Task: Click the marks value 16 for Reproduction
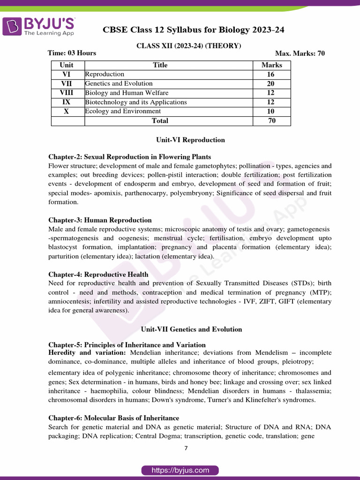(x=271, y=75)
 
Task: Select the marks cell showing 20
(x=271, y=84)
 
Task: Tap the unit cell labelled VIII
(x=67, y=93)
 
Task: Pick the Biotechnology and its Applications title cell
(x=136, y=102)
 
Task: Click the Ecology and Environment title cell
(x=123, y=112)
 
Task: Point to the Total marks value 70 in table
(x=271, y=121)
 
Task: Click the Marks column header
(x=271, y=65)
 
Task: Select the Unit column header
(x=67, y=65)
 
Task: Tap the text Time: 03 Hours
(x=72, y=53)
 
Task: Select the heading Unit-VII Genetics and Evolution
(x=191, y=330)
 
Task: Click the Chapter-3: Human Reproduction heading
(x=100, y=220)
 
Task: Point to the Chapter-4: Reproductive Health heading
(x=98, y=275)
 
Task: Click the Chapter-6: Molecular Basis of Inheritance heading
(x=113, y=418)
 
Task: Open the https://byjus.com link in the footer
(x=180, y=470)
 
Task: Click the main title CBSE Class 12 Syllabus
(x=194, y=30)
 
